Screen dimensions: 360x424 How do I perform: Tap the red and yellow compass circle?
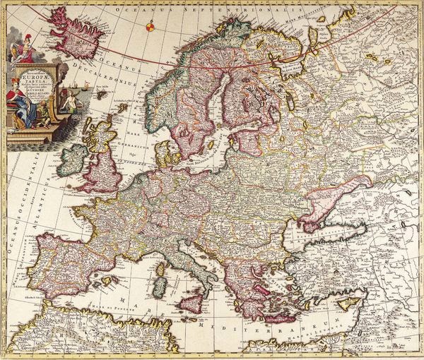[x=150, y=28]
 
